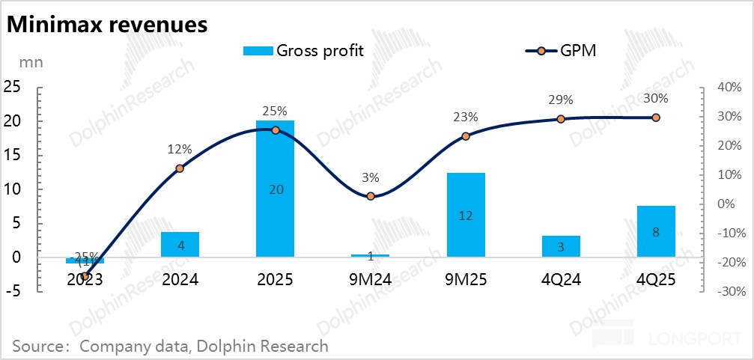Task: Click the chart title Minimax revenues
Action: [107, 25]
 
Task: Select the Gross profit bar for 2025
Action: [275, 189]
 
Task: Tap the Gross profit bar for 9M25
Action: [466, 215]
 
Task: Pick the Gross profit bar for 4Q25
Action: [656, 231]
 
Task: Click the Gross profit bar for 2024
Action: [180, 245]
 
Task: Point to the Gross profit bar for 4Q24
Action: [561, 246]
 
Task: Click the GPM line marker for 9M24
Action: [371, 196]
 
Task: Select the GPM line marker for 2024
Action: [180, 168]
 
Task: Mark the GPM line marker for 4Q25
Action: [656, 118]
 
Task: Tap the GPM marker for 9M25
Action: [466, 136]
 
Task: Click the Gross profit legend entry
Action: [303, 50]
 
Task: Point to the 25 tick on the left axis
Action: [12, 88]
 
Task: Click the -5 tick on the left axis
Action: [14, 291]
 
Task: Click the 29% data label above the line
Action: [561, 100]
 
